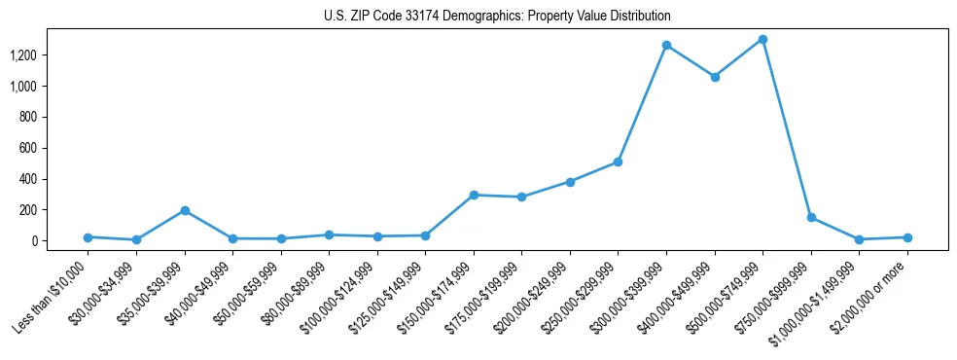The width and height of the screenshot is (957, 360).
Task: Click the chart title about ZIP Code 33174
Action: tap(497, 17)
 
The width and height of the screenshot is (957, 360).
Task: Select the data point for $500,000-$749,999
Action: tap(762, 40)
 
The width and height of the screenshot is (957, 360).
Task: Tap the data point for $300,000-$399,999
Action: tap(666, 46)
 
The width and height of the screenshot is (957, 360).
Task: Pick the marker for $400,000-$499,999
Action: tap(715, 77)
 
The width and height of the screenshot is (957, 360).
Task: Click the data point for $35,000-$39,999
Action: tap(185, 210)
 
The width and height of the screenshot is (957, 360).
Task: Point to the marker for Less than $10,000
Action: tap(88, 237)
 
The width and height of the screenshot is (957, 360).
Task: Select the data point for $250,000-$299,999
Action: tap(618, 162)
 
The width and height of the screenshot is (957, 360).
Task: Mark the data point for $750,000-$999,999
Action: tap(811, 218)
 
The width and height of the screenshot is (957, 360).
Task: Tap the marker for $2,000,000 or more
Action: tap(907, 237)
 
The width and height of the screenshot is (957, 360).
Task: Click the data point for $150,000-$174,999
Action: tap(474, 195)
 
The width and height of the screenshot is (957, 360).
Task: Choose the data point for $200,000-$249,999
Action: tap(570, 182)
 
